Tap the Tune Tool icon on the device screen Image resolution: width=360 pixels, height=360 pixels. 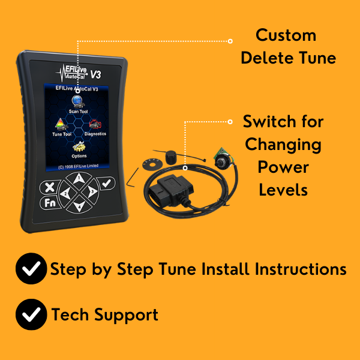(62, 125)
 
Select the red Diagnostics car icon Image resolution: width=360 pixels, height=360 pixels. (95, 125)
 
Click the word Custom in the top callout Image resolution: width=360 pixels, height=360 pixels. (286, 35)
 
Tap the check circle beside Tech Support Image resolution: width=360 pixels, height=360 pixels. (31, 314)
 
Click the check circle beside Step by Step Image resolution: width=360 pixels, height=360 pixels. (31, 268)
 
